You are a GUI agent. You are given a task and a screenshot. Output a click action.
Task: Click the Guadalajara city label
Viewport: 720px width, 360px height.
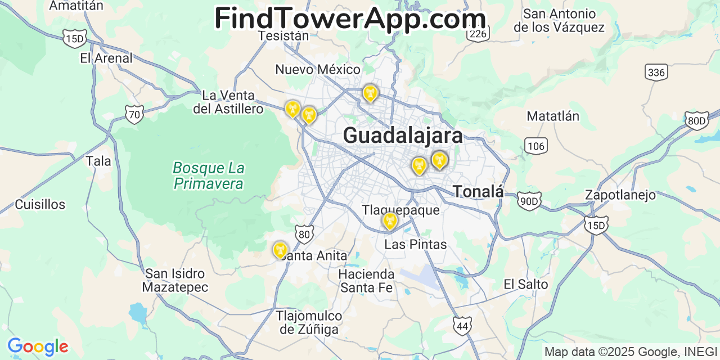pos(403,136)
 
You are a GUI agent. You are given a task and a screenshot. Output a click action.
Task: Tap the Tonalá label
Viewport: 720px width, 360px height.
pos(478,191)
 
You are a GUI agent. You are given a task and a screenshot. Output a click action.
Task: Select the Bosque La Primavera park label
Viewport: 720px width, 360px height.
pos(209,175)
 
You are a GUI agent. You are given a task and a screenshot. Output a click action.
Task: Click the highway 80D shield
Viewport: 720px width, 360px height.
pos(696,120)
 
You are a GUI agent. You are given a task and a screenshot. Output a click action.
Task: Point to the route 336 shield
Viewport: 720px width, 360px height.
pos(656,73)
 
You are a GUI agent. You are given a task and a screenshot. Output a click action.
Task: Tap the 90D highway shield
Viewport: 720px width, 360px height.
pos(529,201)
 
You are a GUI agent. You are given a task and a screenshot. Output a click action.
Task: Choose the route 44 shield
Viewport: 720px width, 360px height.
pos(462,326)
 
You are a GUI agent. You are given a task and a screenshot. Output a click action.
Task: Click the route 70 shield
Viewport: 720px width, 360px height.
pos(134,115)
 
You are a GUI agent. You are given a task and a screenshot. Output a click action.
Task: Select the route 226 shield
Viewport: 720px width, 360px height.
pos(477,34)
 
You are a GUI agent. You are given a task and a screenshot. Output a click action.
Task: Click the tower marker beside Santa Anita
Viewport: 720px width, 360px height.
pos(280,249)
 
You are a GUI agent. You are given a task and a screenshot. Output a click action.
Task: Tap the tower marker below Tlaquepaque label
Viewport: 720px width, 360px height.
pos(389,221)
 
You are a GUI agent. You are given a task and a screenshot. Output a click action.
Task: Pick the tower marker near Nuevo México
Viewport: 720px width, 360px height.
pos(370,93)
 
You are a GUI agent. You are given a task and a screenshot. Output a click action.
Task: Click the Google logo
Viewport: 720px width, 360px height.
pos(38,346)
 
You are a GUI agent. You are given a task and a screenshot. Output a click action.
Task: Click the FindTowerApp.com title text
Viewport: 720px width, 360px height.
pos(350,19)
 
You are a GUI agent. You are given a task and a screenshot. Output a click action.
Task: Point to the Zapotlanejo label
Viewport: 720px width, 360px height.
pos(620,195)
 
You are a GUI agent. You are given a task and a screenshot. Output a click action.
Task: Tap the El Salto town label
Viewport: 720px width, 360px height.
pos(525,285)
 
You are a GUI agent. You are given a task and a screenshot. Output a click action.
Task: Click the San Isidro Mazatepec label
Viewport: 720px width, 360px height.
pos(175,281)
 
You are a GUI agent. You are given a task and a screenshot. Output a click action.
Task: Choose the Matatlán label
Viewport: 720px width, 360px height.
pos(553,116)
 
